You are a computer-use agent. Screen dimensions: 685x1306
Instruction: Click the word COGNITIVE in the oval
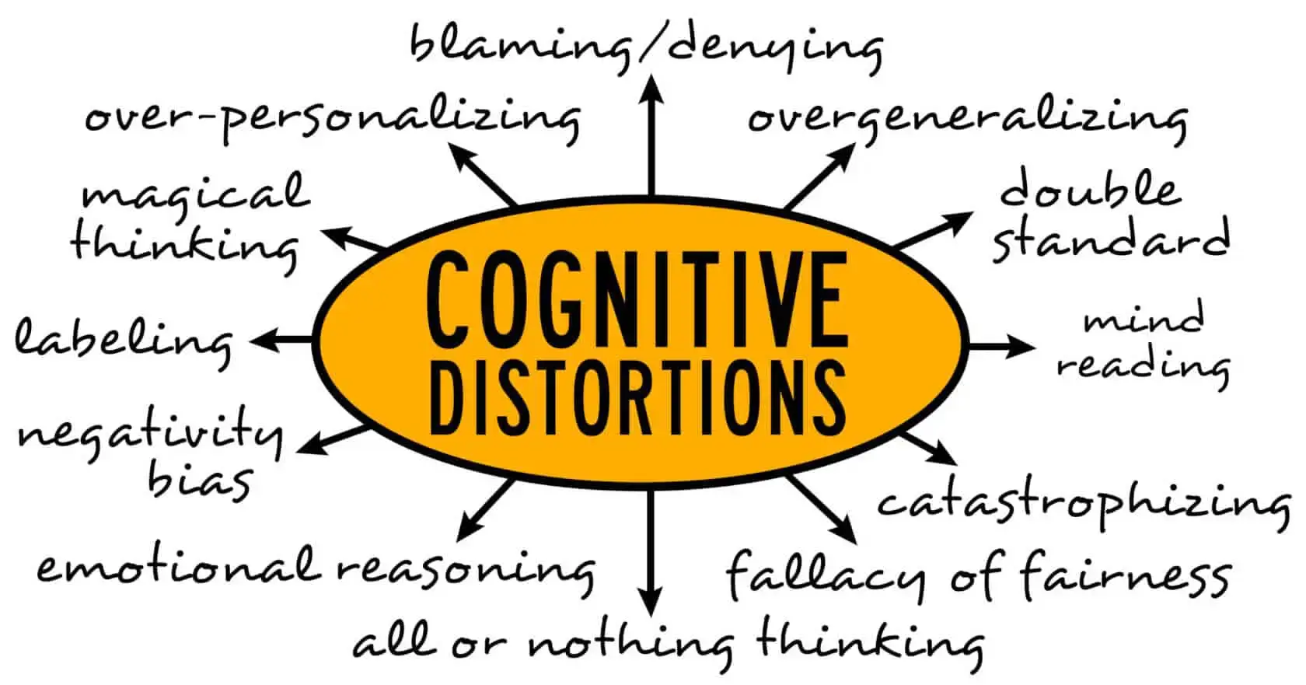tap(636, 300)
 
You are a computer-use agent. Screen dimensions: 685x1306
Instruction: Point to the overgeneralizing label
tap(967, 118)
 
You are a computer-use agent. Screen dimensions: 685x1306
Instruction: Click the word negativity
tap(149, 434)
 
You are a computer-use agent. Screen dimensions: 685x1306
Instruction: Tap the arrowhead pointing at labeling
tap(262, 340)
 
